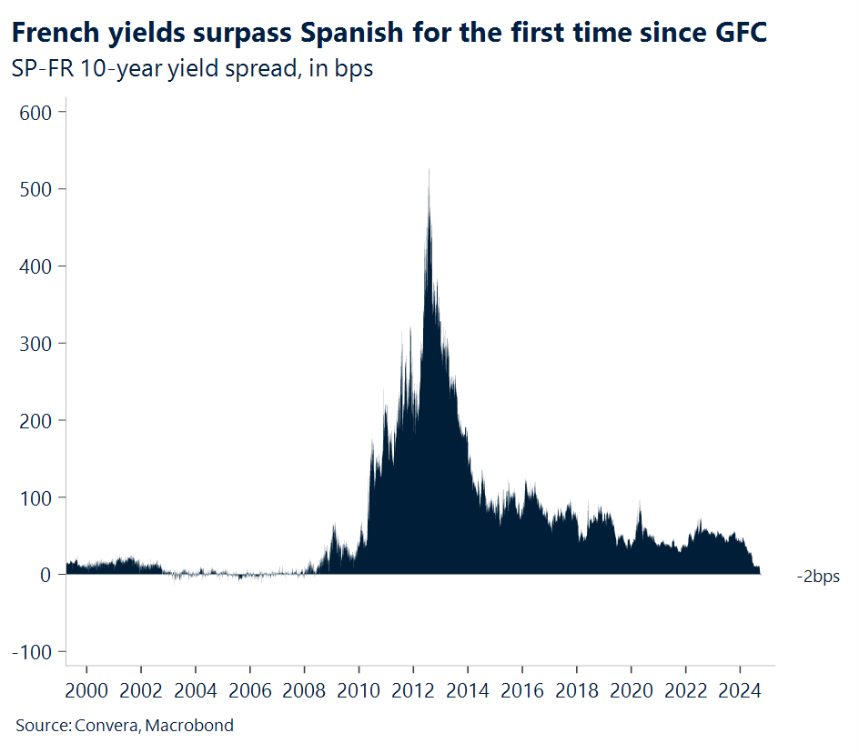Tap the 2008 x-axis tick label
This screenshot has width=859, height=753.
coord(304,691)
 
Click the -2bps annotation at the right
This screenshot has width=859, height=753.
coord(818,577)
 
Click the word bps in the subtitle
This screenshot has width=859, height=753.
coord(354,69)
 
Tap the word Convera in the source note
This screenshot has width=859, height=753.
coord(105,725)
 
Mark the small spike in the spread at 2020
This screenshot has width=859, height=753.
coord(640,504)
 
